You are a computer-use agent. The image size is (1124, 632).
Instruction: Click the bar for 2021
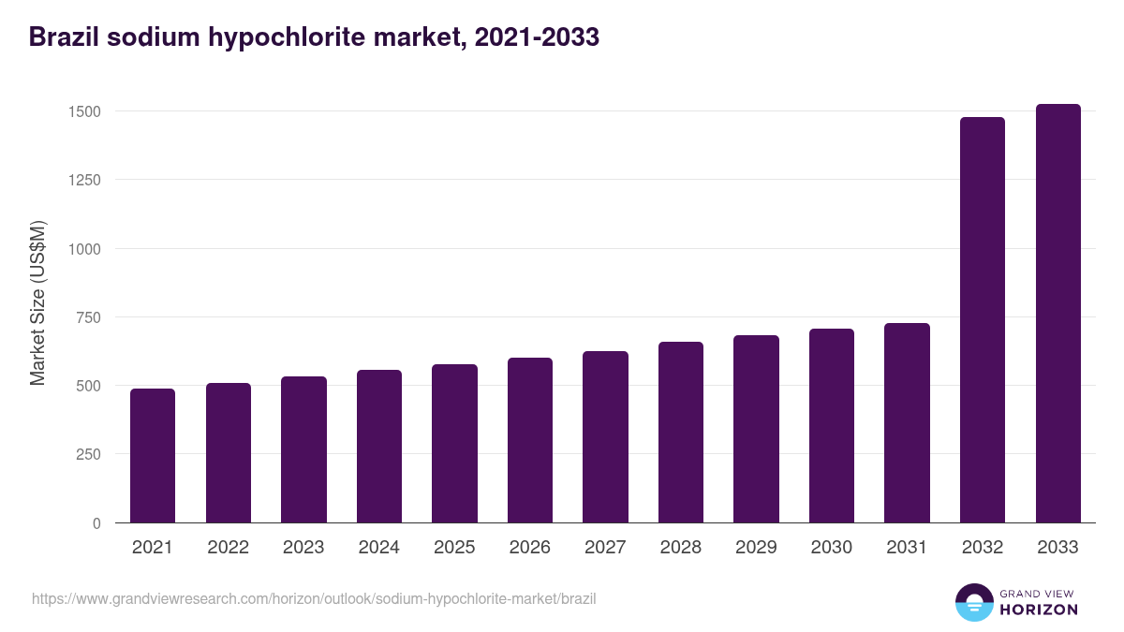pos(153,456)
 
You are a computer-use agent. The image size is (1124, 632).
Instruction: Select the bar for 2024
pos(379,447)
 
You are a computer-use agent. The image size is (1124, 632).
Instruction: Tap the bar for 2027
pos(605,437)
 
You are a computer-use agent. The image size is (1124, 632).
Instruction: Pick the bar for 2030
pos(832,426)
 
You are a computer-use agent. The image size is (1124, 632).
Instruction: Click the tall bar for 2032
pos(983,320)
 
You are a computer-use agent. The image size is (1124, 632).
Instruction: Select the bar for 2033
pos(1057,314)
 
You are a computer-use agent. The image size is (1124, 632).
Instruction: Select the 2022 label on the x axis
pos(228,548)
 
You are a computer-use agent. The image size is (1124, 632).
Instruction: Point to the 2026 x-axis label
pos(530,548)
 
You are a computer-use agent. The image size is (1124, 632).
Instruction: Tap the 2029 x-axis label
pos(756,548)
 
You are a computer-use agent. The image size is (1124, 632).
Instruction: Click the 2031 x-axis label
pos(907,548)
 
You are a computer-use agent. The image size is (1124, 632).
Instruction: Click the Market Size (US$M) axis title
pos(37,303)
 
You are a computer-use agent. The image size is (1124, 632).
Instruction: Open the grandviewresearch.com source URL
pos(314,598)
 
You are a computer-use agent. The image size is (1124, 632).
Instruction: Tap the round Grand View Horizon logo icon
pos(973,602)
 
